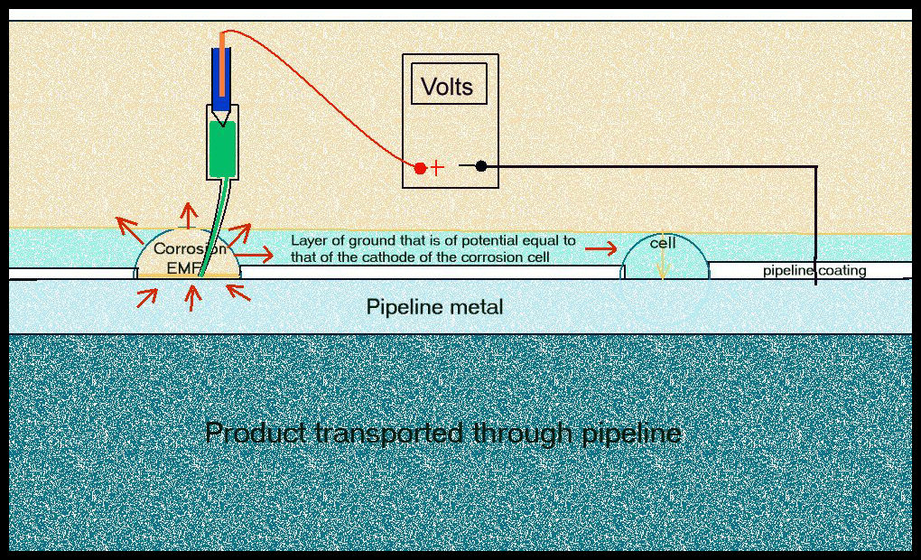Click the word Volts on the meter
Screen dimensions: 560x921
tap(447, 87)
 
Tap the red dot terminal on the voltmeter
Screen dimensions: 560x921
tap(420, 168)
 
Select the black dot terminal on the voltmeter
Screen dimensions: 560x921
tap(481, 166)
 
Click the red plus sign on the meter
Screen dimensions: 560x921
tap(438, 168)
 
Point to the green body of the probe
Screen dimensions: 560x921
tap(221, 148)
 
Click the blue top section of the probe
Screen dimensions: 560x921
tap(221, 68)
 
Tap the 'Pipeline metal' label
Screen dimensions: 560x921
tap(434, 307)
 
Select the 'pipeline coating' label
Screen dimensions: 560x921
tap(814, 270)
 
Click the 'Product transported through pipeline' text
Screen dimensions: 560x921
tap(442, 434)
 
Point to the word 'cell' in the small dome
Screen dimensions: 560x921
tap(664, 244)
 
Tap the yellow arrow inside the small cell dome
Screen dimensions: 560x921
tap(662, 263)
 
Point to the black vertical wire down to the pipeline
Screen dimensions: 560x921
tap(816, 226)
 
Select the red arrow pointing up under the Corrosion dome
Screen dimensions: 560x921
tap(191, 297)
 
